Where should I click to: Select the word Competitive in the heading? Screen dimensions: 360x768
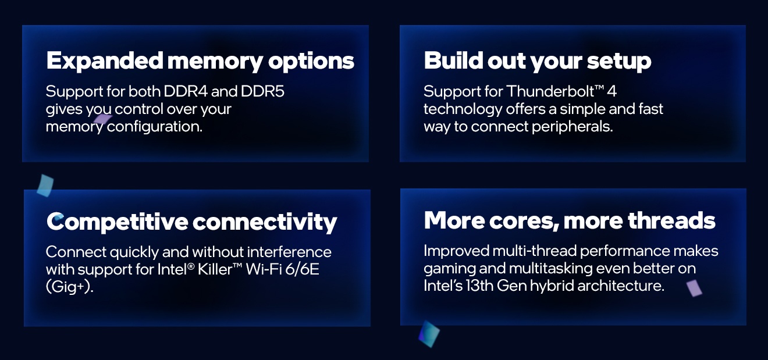(x=117, y=222)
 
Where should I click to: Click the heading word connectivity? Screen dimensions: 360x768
(x=265, y=222)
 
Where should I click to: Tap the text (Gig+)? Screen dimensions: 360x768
(x=69, y=287)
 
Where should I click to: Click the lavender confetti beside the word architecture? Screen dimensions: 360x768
(x=694, y=288)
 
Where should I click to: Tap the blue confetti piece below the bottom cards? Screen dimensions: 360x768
(x=429, y=334)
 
